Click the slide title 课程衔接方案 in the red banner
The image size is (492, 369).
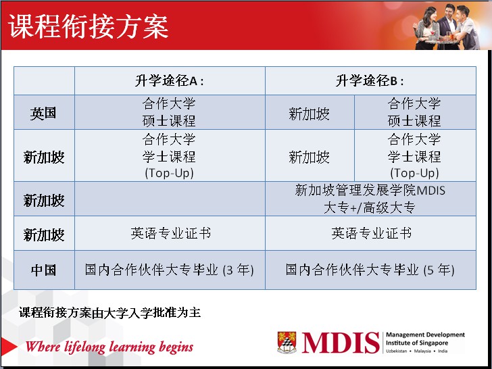coord(88,26)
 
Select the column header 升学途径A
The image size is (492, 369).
coord(170,81)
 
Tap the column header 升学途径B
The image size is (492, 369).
coord(370,81)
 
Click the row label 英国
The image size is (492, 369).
coord(43,113)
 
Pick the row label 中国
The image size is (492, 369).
coord(44,270)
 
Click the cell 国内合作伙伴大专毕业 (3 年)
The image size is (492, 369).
coord(170,270)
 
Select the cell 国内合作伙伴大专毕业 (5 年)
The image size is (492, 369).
coord(370,270)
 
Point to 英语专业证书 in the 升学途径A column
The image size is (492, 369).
coord(171,233)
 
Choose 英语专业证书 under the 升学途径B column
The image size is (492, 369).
coord(372,233)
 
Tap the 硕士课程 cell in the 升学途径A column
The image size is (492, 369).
coord(169,112)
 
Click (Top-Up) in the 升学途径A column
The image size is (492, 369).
coord(169,173)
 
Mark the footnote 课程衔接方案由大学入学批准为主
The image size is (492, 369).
coord(109,312)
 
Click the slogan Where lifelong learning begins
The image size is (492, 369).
coord(109,347)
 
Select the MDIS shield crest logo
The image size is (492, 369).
coord(287,343)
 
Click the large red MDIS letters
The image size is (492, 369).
coord(341,343)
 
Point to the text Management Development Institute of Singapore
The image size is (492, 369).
coord(425,339)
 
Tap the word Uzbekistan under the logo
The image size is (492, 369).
coord(396,351)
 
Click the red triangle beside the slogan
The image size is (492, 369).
coord(9,347)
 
